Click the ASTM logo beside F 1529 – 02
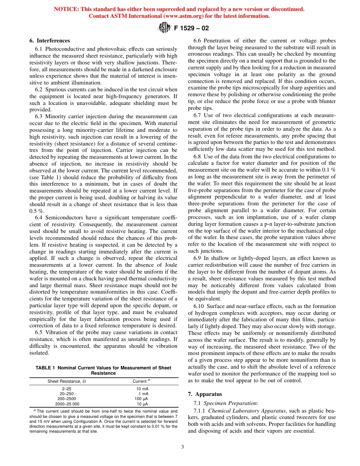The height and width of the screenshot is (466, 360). pyautogui.click(x=164, y=28)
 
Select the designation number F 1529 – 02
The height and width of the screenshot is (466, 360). pyautogui.click(x=191, y=28)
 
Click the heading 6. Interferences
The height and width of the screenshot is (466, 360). pyautogui.click(x=50, y=41)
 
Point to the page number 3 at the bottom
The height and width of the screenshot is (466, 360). pyautogui.click(x=182, y=447)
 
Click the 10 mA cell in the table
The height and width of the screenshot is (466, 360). pyautogui.click(x=142, y=389)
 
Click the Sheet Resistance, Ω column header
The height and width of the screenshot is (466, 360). pyautogui.click(x=66, y=381)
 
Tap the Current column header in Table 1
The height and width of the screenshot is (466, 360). pyautogui.click(x=141, y=381)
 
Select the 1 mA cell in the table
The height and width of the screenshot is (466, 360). pyautogui.click(x=143, y=394)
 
